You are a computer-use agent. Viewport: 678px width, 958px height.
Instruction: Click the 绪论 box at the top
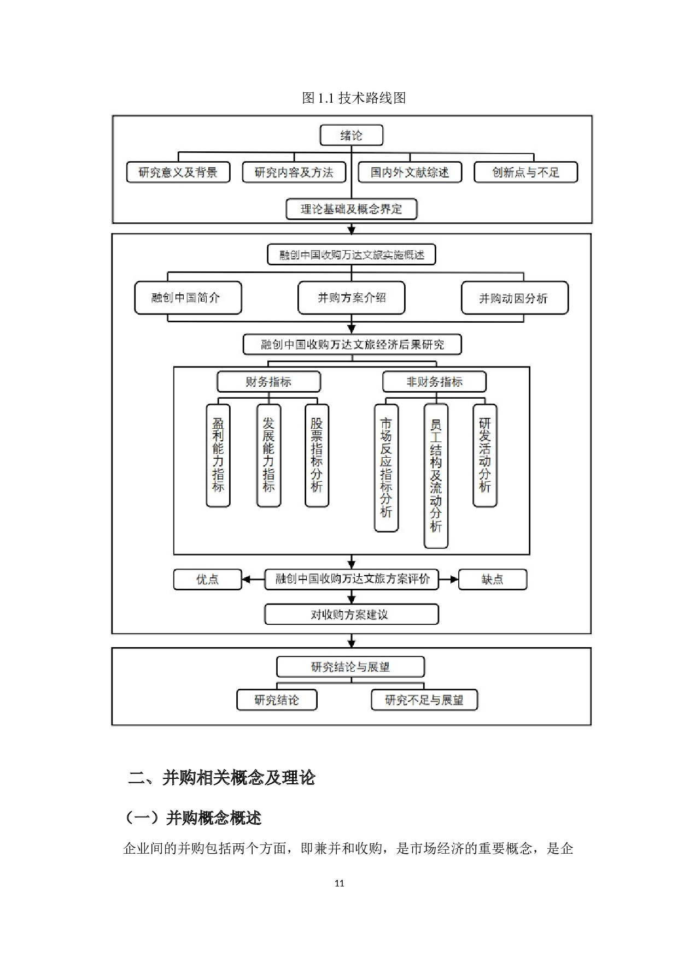[351, 135]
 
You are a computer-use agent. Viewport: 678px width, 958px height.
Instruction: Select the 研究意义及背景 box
[178, 172]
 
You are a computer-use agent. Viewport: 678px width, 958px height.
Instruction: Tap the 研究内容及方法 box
[294, 172]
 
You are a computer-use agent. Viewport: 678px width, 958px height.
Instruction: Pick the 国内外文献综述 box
[410, 172]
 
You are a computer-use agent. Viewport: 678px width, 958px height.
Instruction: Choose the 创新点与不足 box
[525, 172]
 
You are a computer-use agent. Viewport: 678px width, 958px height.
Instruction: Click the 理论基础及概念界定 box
[351, 209]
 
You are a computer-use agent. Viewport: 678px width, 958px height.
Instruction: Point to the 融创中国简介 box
[188, 298]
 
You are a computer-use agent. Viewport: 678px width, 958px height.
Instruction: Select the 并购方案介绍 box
[351, 298]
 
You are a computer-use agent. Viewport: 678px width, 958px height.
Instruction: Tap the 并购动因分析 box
[515, 298]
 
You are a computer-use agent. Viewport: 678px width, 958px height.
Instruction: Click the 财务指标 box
[268, 382]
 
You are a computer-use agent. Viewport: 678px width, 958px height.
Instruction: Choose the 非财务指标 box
[434, 382]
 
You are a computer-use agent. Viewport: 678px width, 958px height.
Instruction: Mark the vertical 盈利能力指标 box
[218, 456]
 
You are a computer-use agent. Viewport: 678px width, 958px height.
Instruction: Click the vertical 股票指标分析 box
[317, 456]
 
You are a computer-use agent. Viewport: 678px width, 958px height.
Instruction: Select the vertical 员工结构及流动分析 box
[436, 476]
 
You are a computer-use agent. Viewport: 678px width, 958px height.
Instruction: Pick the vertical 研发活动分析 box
[485, 456]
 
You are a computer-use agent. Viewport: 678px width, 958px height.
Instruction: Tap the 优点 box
[207, 579]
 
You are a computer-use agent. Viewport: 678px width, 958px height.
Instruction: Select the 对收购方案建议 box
[351, 614]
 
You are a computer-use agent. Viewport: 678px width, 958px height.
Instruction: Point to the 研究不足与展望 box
[424, 700]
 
